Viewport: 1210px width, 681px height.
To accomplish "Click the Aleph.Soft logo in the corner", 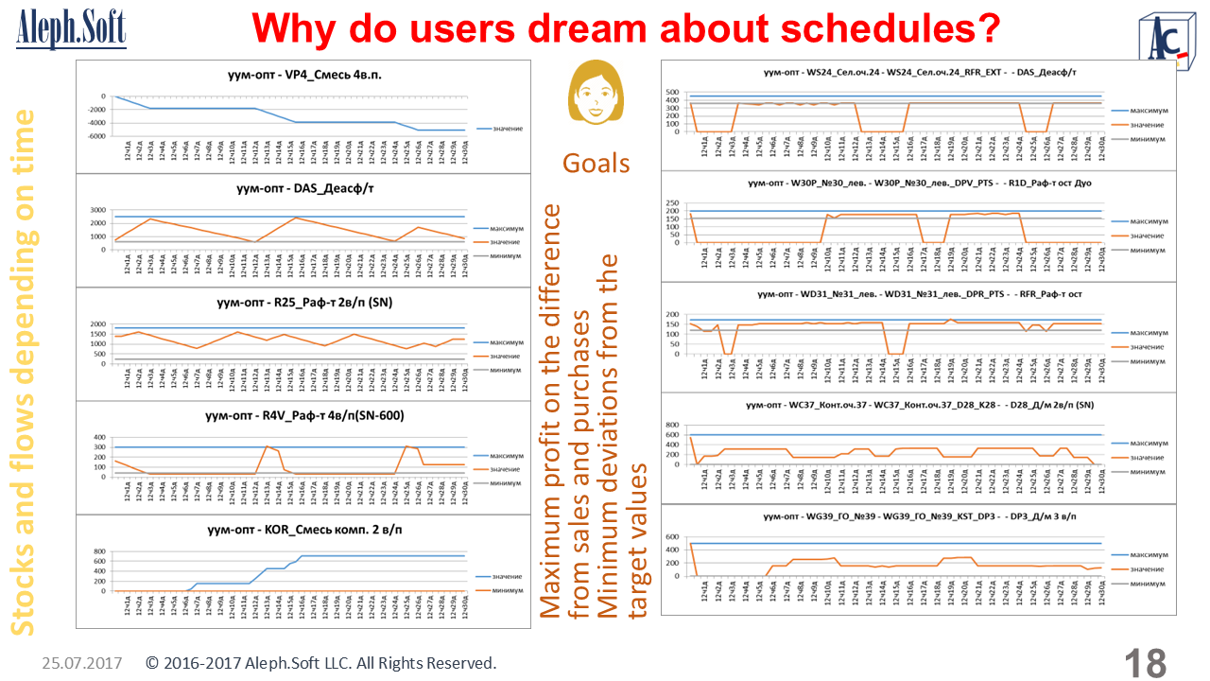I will [71, 28].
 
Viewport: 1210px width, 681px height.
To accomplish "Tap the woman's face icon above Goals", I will [596, 93].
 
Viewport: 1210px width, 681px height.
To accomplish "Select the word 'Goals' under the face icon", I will [596, 163].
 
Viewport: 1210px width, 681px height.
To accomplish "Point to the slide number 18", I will [1145, 663].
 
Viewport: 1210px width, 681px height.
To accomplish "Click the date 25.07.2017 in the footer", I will [82, 663].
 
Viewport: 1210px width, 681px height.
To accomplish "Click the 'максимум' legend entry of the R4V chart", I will [506, 455].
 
